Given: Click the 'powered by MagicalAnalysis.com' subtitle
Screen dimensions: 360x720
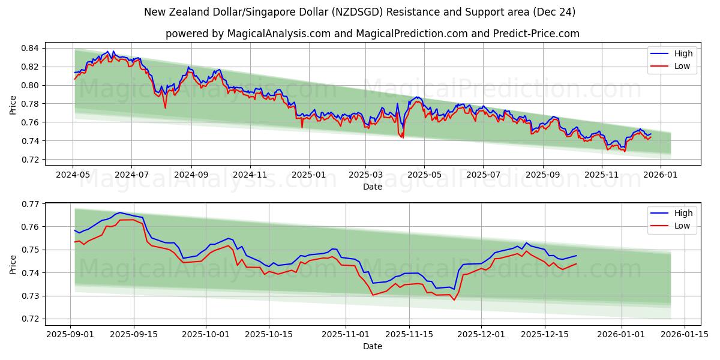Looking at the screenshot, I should pos(372,34).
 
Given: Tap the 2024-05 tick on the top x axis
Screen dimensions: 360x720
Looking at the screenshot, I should pos(73,175).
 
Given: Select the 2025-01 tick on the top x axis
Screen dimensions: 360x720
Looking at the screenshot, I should pos(309,175).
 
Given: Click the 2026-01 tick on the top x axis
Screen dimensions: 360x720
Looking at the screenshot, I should pos(661,175).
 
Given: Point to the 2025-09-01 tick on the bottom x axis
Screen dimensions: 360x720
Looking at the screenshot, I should pos(71,334).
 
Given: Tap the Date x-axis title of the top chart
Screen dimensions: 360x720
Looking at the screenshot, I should pos(372,187).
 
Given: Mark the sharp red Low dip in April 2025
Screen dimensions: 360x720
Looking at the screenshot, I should pos(403,137).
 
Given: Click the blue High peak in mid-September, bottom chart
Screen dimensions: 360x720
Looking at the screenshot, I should pos(119,212).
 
